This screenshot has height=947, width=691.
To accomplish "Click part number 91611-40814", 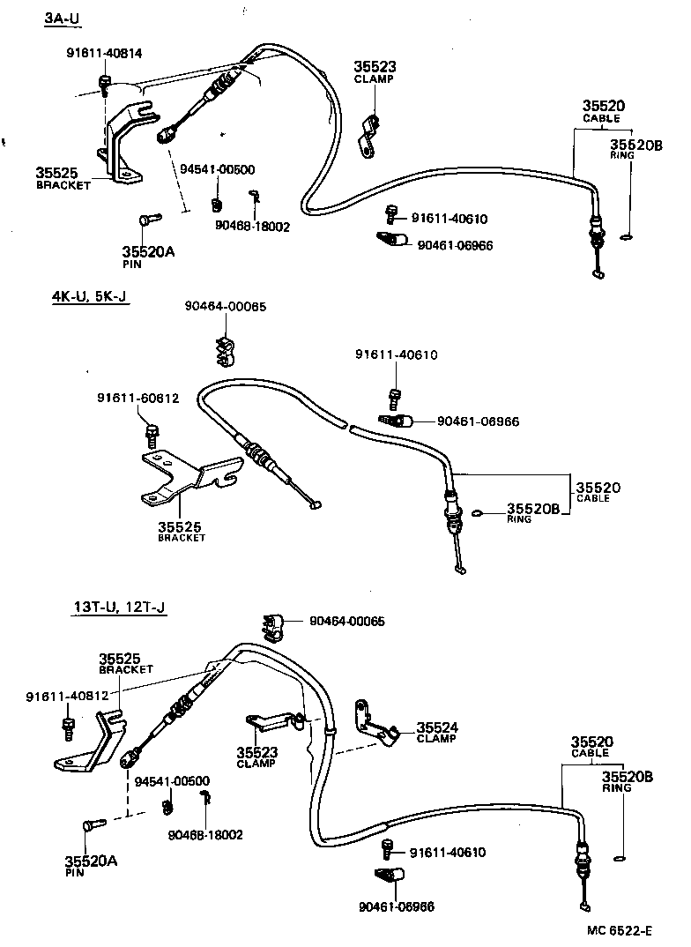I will pyautogui.click(x=104, y=53).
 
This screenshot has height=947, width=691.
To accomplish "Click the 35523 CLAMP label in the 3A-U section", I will pyautogui.click(x=375, y=71).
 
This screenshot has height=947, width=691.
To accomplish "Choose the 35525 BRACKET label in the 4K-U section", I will pyautogui.click(x=182, y=532).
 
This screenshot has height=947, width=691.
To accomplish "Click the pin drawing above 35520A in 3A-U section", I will pyautogui.click(x=147, y=218).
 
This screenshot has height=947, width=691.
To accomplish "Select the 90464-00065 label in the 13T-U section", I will pyautogui.click(x=346, y=621).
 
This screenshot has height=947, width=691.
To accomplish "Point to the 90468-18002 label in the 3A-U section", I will pyautogui.click(x=252, y=226).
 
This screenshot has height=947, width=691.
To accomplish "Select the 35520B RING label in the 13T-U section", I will pyautogui.click(x=627, y=781).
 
